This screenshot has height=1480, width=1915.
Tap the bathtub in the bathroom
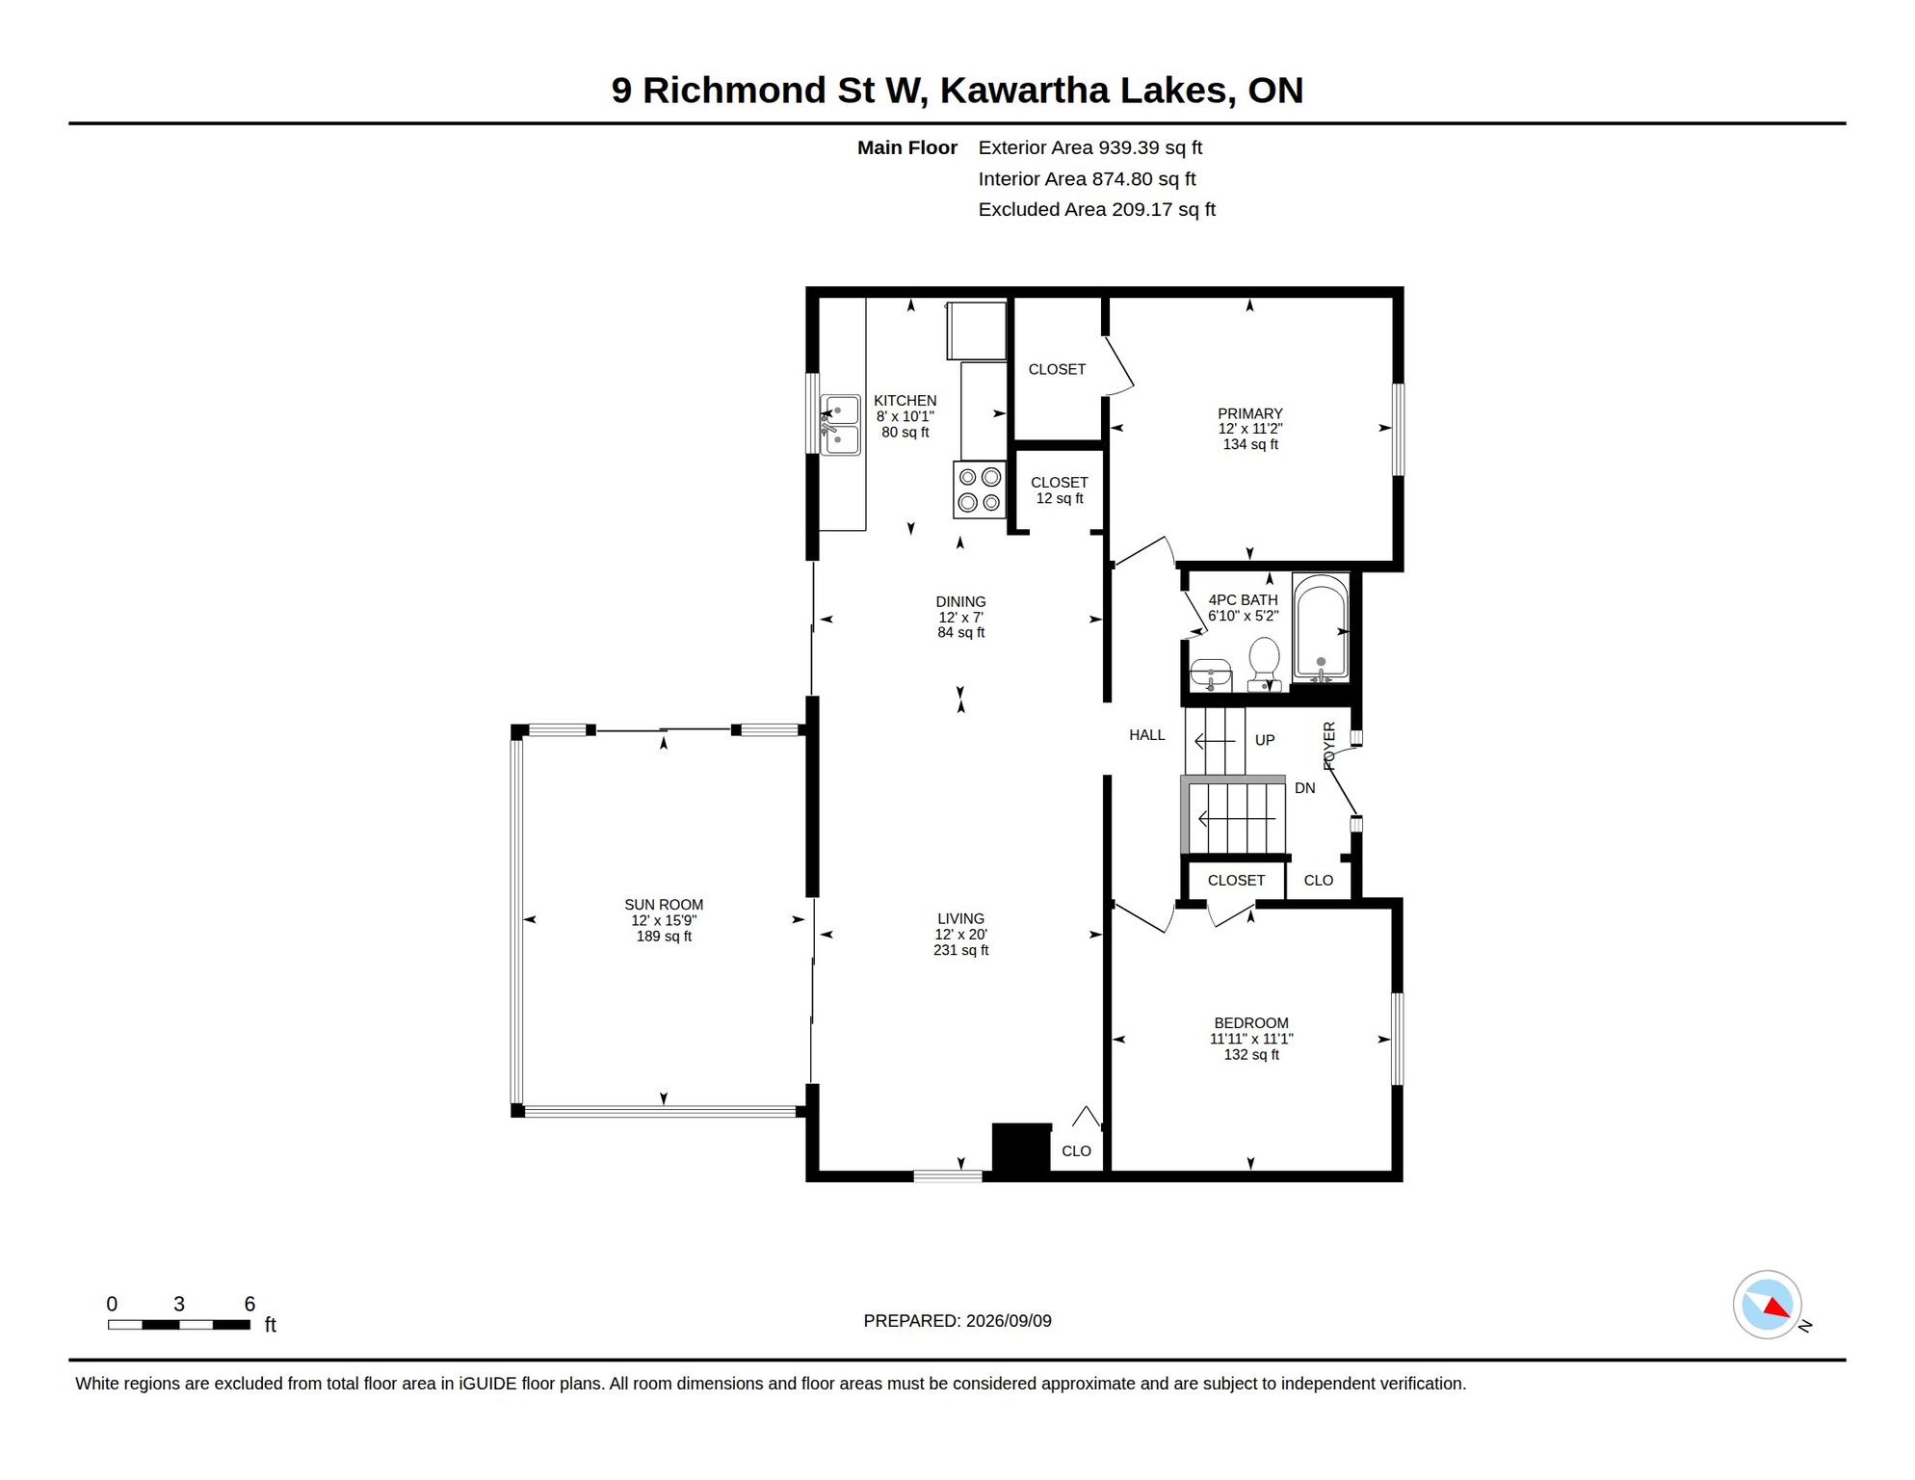1320,627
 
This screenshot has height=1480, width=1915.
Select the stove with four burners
980,489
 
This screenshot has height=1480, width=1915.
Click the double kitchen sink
840,425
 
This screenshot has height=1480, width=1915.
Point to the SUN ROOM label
664,905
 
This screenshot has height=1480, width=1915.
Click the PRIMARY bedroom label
1250,413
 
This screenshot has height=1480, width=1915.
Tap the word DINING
960,601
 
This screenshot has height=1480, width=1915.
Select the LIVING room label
960,918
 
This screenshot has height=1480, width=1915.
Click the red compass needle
1776,1308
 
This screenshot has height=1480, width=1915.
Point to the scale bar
179,1325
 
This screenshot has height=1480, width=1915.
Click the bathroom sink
1211,674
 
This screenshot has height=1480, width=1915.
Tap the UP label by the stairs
1265,740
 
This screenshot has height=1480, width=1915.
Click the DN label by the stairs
1305,788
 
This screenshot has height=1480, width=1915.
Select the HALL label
1147,735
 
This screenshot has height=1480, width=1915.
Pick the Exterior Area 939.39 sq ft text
1090,147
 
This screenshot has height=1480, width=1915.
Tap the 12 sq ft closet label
1060,498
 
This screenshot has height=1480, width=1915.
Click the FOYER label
1329,746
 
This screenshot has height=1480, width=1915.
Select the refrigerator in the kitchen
977,330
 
